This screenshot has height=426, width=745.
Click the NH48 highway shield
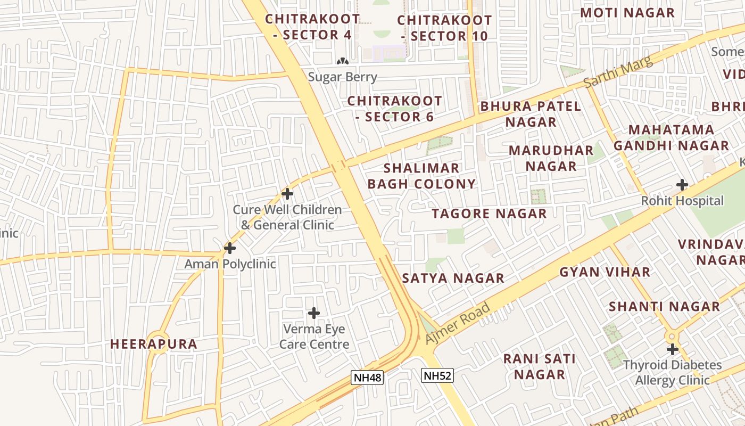[x=368, y=378]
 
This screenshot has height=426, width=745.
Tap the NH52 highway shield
[x=437, y=375]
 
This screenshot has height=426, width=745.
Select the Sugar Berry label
[x=343, y=77]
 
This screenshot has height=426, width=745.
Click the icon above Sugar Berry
[x=343, y=61]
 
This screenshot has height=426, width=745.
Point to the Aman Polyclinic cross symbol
[x=230, y=248]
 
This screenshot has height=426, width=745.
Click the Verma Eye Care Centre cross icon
[x=314, y=313]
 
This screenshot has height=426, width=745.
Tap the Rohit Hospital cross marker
[x=682, y=185]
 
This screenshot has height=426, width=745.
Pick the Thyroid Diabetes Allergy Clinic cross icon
[x=673, y=349]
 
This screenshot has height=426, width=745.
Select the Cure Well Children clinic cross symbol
[x=287, y=193]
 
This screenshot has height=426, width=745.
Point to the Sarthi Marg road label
[x=618, y=72]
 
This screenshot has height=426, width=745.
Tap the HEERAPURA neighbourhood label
[x=154, y=344]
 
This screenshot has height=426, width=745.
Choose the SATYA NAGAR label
[x=453, y=278]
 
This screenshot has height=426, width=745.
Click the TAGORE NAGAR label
[x=489, y=214]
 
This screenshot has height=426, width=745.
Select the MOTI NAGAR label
[x=627, y=13]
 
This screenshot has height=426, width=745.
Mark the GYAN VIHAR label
[x=605, y=272]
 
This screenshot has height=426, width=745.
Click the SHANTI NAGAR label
[x=664, y=307]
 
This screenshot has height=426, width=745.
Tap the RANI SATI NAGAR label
[x=540, y=366]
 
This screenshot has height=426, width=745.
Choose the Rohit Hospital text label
[x=682, y=201]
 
